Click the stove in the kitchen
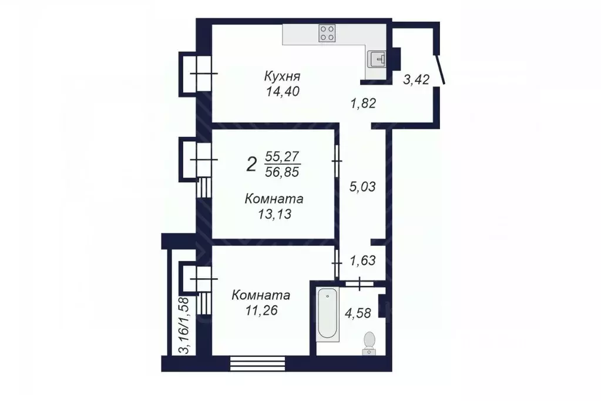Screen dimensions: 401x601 [327, 33]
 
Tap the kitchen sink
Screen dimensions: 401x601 [377, 59]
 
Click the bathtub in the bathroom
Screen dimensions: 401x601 [327, 314]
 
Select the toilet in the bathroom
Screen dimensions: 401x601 [369, 341]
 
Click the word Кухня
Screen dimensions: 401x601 [282, 76]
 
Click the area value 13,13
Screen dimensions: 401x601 [274, 215]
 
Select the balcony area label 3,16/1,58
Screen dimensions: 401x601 [184, 325]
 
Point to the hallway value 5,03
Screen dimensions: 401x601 [362, 187]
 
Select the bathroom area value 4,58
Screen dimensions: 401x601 [358, 313]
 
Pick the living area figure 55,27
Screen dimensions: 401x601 [283, 157]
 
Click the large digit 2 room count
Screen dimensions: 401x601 [251, 164]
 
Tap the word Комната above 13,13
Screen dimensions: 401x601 [274, 199]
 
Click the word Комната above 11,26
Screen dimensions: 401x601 [261, 295]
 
